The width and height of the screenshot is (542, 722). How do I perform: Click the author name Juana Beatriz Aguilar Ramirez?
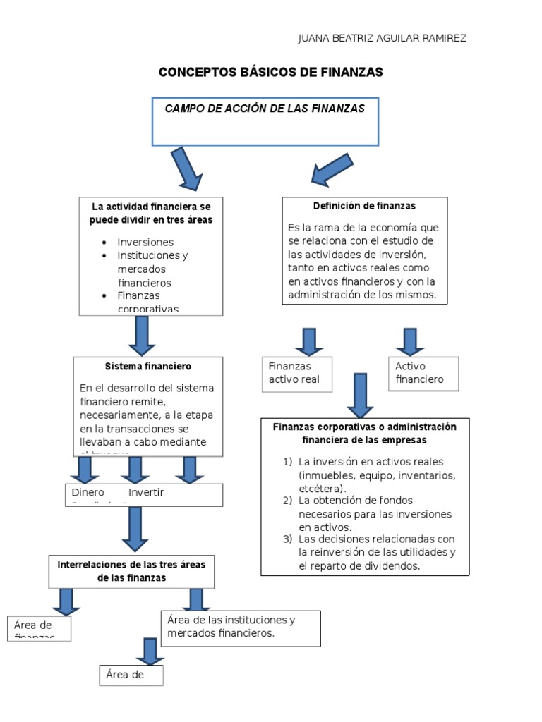382,38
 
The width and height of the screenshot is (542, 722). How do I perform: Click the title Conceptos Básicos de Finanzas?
270,73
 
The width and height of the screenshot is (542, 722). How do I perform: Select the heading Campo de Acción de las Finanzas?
265,109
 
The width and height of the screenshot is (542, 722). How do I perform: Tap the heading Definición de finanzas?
364,206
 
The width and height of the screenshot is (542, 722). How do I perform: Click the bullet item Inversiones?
145,242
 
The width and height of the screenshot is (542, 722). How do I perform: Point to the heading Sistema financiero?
147,367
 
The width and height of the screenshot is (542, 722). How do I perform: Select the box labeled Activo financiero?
423,373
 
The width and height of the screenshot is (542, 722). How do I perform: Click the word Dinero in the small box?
88,492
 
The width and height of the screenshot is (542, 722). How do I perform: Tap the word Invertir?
146,492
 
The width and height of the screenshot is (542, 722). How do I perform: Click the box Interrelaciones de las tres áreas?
131,571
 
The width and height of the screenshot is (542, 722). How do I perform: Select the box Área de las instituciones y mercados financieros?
240,628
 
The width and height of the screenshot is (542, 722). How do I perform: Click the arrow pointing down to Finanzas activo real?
308,341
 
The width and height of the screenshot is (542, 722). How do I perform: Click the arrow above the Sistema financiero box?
142,336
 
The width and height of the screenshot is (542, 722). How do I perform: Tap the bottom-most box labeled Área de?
131,675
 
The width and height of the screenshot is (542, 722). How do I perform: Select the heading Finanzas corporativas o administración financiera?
364,434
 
